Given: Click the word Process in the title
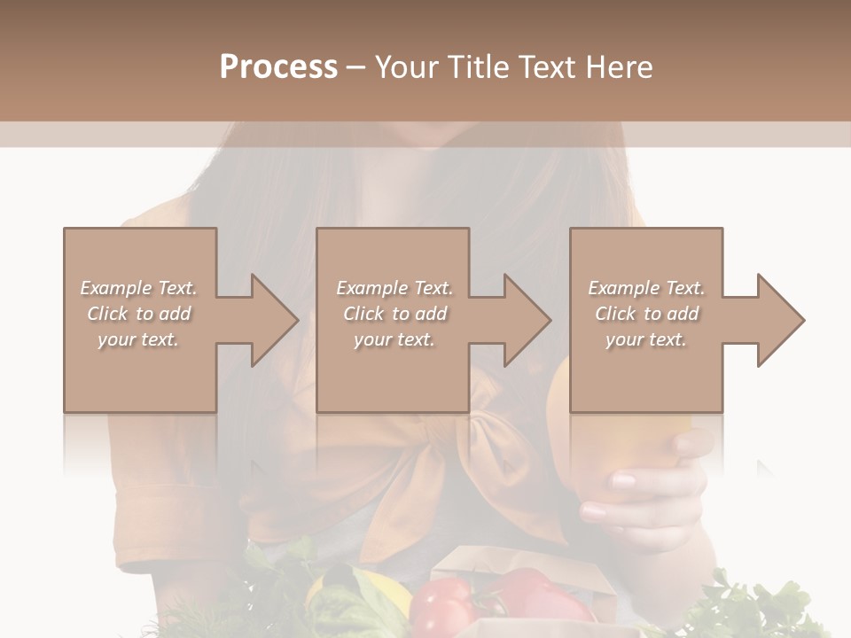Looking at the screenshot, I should (x=278, y=66).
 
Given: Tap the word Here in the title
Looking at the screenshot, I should (x=620, y=66).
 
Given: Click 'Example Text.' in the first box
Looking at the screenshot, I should (x=138, y=288).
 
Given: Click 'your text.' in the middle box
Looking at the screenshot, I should (x=394, y=339).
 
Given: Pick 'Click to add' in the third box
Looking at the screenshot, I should (x=646, y=314).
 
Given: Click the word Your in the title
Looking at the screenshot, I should (x=406, y=66).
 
